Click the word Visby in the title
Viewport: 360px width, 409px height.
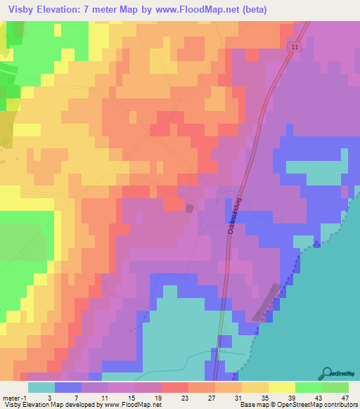(x=24, y=10)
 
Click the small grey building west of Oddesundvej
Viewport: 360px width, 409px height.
(x=188, y=207)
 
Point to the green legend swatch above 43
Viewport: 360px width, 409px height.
(x=308, y=387)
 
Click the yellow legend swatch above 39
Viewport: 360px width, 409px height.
(x=281, y=387)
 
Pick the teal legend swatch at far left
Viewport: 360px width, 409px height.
(x=41, y=387)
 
